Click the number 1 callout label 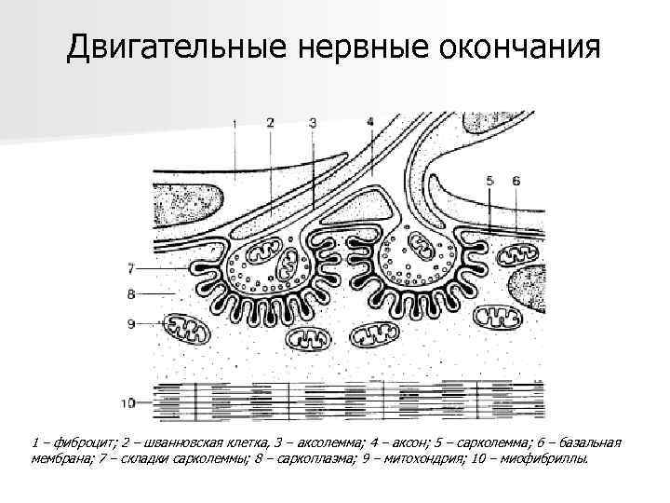pos(234,122)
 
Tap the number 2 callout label pos(270,122)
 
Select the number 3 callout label pos(313,122)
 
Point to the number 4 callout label pos(370,121)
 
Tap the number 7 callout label pos(132,268)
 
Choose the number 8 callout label pos(132,294)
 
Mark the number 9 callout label pos(132,323)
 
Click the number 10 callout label pos(129,403)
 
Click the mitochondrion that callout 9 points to pos(192,327)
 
